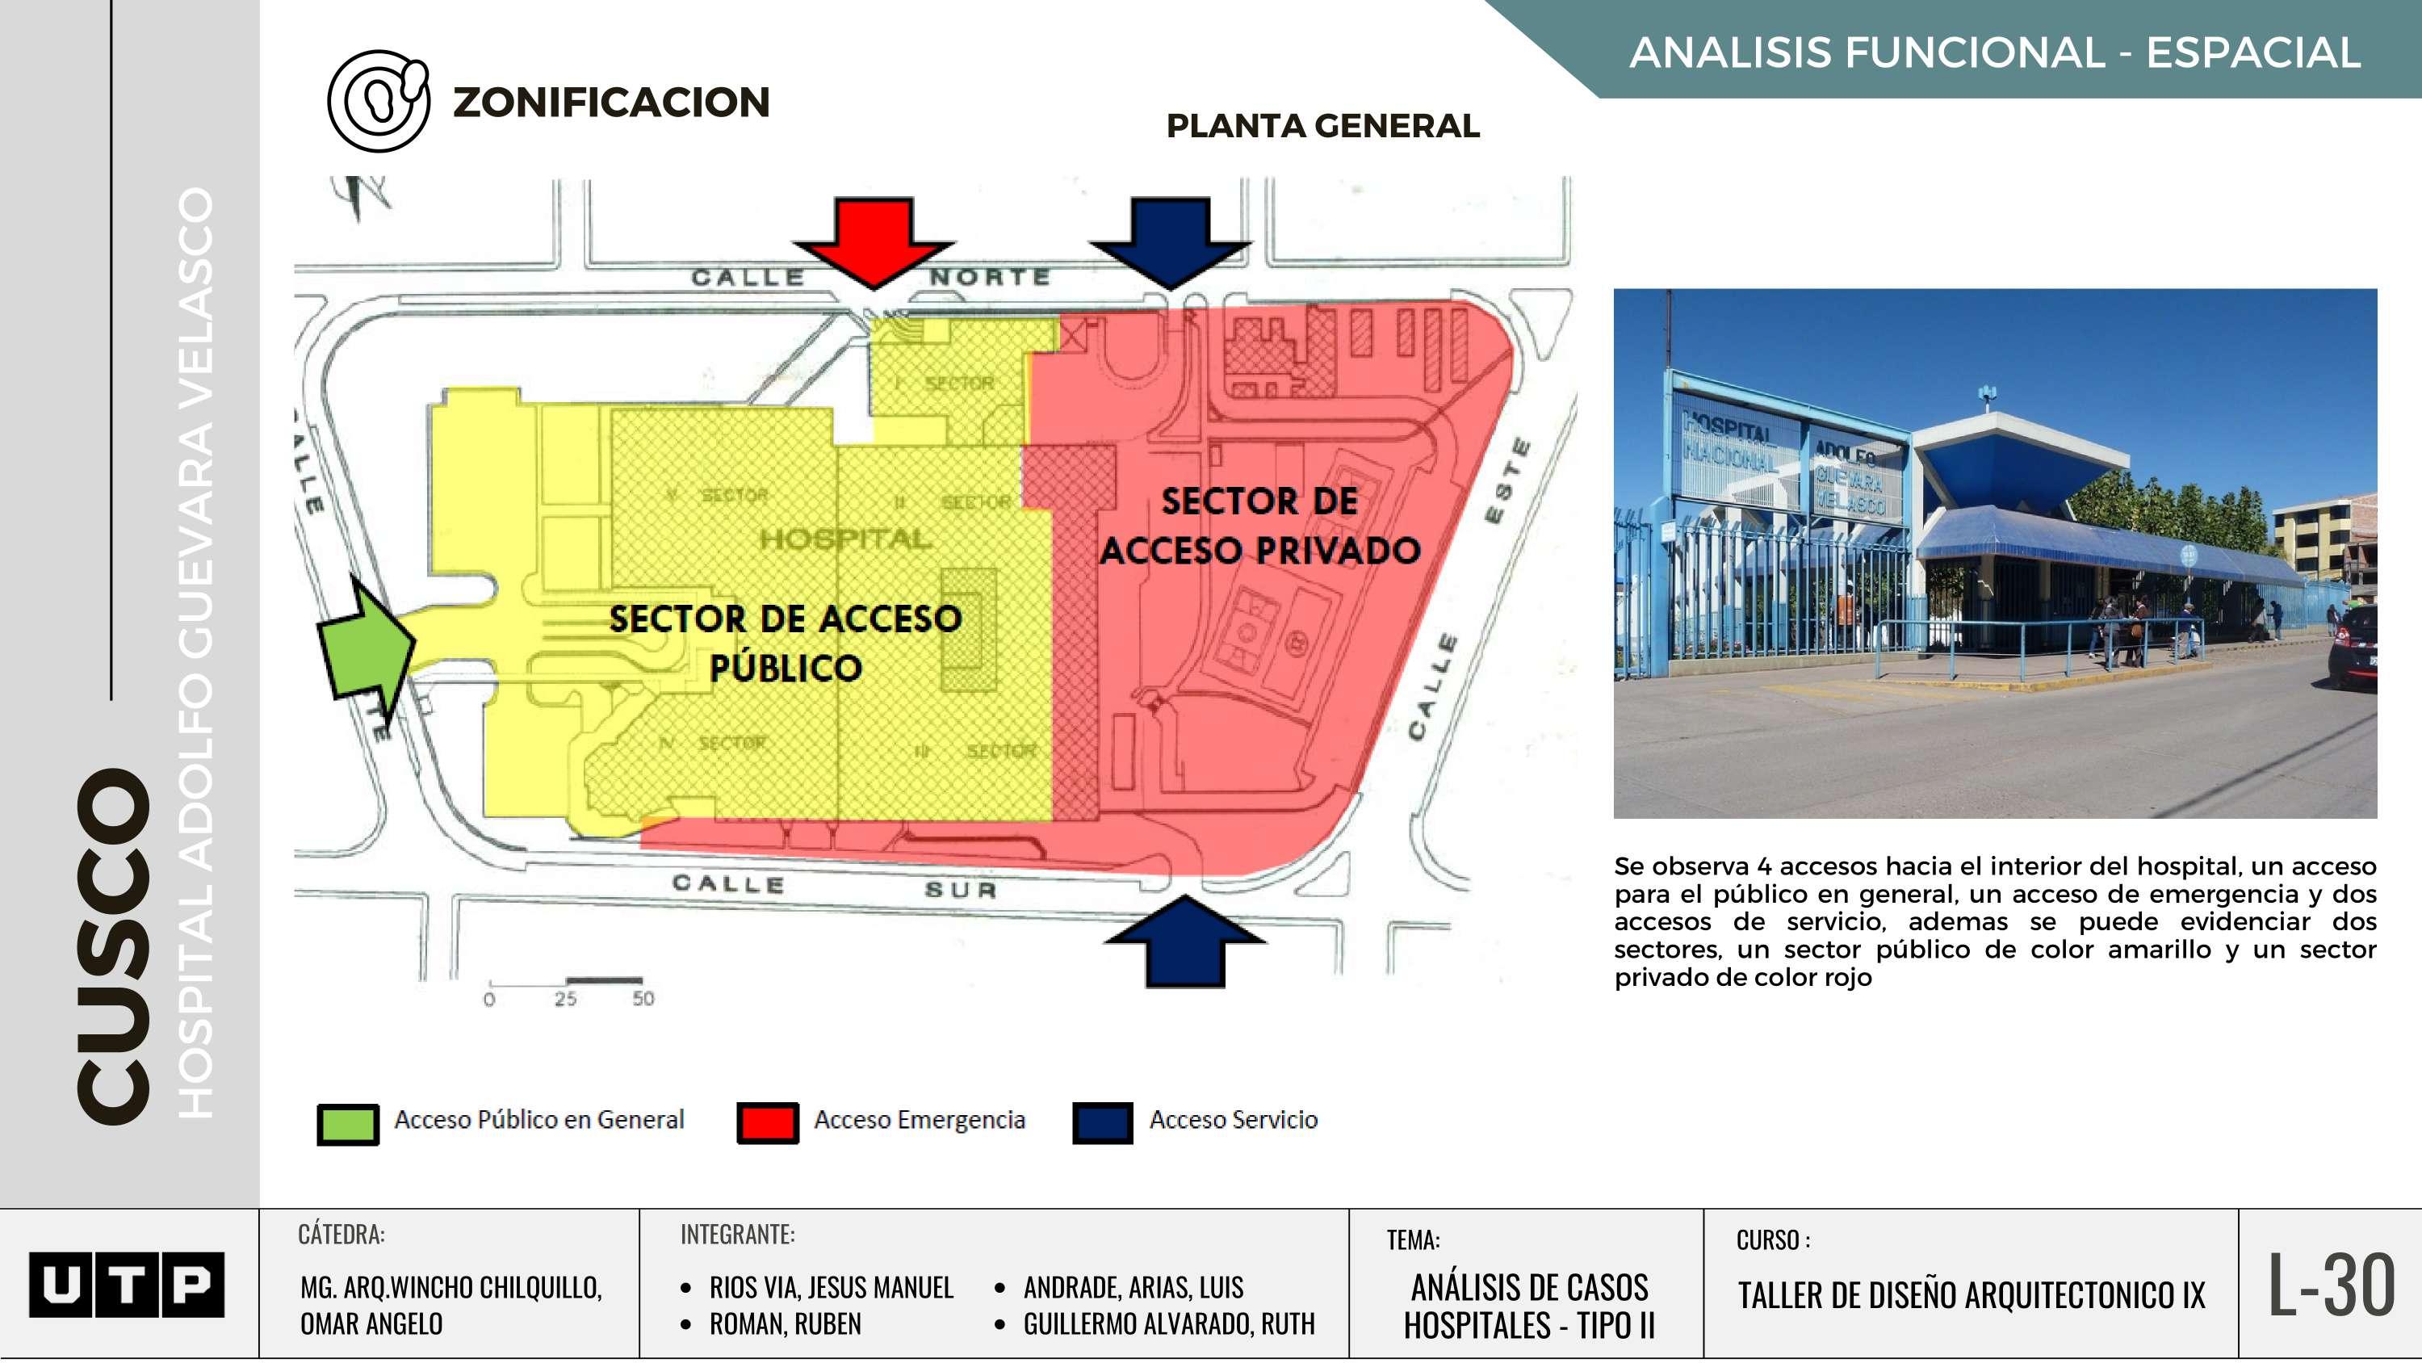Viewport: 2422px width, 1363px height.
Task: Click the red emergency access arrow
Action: point(874,241)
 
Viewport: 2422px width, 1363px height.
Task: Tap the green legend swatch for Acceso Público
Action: point(348,1123)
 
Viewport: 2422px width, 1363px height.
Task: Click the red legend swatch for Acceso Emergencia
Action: point(767,1123)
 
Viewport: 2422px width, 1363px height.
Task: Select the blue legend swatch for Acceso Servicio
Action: point(1102,1123)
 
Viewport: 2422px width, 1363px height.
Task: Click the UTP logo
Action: point(126,1284)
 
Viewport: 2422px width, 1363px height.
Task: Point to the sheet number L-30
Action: point(2331,1285)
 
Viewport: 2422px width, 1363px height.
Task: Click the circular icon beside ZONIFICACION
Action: point(378,101)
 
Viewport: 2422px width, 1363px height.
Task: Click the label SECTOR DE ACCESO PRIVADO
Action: point(1260,526)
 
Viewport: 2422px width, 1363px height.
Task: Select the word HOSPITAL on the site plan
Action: point(846,539)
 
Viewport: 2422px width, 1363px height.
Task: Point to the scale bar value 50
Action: point(643,999)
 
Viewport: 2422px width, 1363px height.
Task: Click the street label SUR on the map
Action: point(960,889)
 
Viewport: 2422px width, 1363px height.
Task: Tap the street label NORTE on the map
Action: point(989,276)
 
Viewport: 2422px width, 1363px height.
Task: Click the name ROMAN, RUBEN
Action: point(785,1324)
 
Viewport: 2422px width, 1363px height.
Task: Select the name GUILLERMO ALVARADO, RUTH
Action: point(1169,1324)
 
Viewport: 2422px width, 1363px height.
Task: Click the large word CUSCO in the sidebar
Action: point(113,946)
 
